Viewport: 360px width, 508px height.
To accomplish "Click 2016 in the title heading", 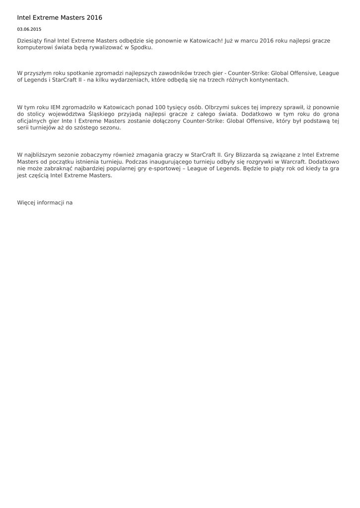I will tap(94, 17).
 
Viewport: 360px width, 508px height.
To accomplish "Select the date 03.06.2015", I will tap(29, 29).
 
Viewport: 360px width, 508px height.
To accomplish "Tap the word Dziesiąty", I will tap(30, 41).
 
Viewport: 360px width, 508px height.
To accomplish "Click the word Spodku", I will tap(142, 48).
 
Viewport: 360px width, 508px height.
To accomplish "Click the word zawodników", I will tap(158, 73).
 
